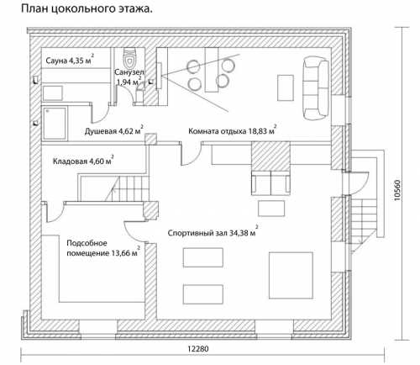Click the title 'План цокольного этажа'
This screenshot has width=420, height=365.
[x=87, y=8]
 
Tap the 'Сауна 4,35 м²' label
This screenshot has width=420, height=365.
[x=70, y=60]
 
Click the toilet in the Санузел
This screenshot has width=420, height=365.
[x=129, y=57]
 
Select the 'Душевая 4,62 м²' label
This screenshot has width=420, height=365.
[x=114, y=130]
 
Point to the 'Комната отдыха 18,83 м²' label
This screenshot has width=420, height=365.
[x=233, y=130]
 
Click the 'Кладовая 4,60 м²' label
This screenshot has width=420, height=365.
[x=83, y=161]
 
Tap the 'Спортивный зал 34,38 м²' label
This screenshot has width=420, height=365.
[x=213, y=232]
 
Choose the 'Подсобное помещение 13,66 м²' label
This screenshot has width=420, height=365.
[x=103, y=248]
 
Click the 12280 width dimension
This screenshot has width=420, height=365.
[x=198, y=349]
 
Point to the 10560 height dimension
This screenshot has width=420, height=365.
[x=397, y=190]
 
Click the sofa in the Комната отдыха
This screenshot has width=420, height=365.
[x=315, y=88]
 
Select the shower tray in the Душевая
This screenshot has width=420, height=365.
[x=55, y=124]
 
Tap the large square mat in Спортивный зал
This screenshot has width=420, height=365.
[x=291, y=275]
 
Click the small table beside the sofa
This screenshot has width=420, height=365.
[x=286, y=87]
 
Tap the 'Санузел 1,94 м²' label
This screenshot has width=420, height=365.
[x=129, y=77]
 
